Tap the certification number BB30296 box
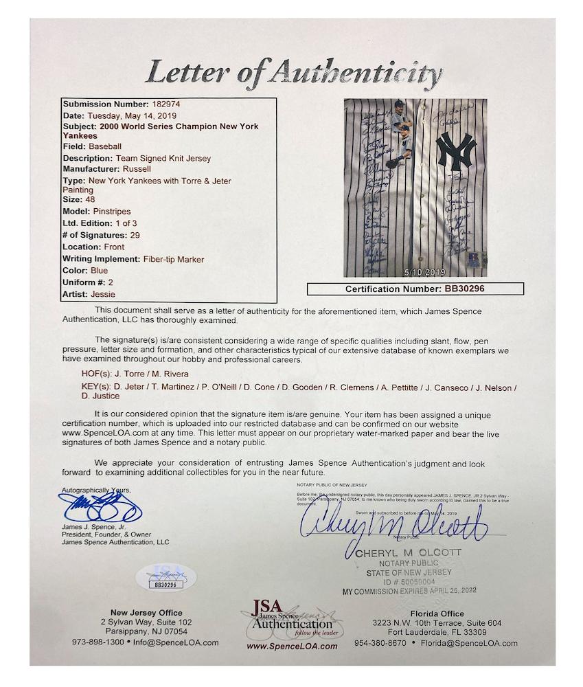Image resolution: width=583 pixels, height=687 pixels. coord(415,289)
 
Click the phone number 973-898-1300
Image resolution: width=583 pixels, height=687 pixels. coord(98,642)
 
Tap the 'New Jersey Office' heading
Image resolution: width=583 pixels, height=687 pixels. coord(146,613)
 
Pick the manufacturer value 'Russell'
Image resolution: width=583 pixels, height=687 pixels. coord(136,168)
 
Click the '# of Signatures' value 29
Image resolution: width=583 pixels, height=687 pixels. coord(145,235)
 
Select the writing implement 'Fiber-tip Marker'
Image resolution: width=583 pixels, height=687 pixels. coord(172,259)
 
